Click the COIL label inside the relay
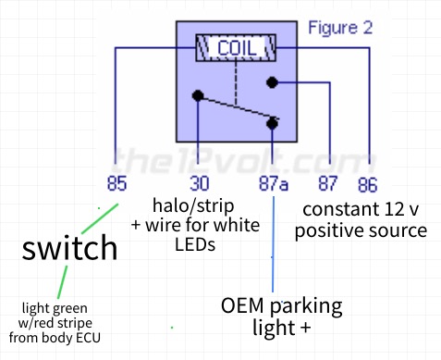[x=237, y=48]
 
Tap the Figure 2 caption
[x=340, y=28]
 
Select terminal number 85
[x=116, y=183]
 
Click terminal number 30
[x=200, y=183]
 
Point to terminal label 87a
[x=274, y=183]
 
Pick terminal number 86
[x=368, y=185]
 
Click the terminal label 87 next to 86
[x=328, y=183]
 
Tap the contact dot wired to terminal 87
[x=272, y=82]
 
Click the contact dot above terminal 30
[x=198, y=95]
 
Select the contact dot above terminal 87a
[x=272, y=124]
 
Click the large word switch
[x=69, y=247]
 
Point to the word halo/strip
[x=193, y=205]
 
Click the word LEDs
[x=195, y=244]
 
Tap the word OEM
[x=242, y=305]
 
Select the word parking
[x=306, y=307]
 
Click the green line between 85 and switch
[x=100, y=218]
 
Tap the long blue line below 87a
[x=273, y=243]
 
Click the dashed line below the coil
[x=236, y=83]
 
